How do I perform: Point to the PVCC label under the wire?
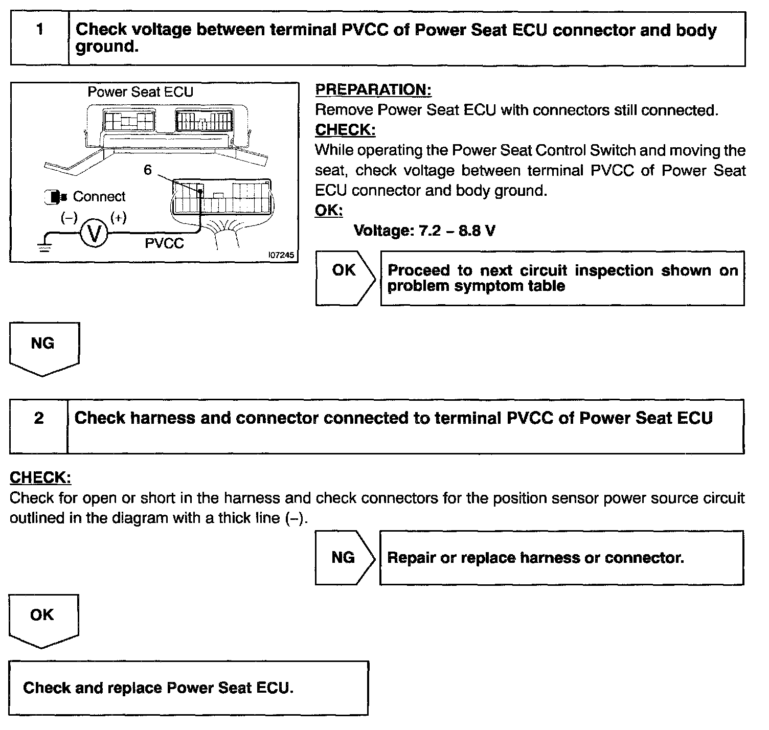tap(164, 243)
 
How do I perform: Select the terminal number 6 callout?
tap(148, 170)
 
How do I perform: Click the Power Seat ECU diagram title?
tap(141, 92)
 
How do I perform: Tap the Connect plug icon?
tap(55, 197)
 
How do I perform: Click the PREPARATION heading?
tap(373, 90)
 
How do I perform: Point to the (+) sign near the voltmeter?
tap(119, 217)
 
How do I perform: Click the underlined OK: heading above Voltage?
tap(329, 211)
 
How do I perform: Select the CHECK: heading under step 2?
tap(40, 478)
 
